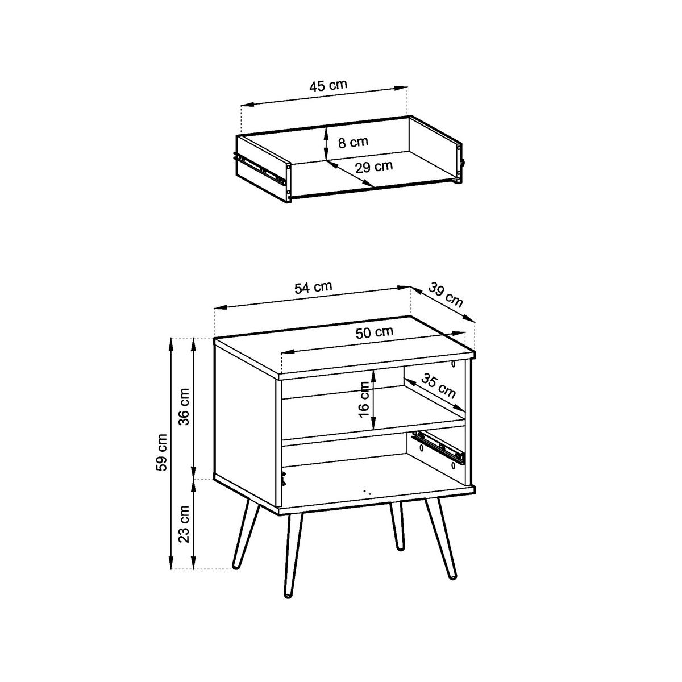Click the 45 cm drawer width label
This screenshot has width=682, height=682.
328,86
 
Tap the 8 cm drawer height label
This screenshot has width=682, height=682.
353,142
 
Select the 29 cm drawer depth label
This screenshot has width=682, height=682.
374,167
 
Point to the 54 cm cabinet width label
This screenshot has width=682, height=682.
313,288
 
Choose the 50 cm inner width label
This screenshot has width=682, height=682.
375,333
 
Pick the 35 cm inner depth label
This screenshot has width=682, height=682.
439,386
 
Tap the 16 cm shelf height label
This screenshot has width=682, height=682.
364,400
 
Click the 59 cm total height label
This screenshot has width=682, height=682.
162,452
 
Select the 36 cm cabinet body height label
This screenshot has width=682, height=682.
184,407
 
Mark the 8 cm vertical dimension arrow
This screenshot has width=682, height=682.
326,143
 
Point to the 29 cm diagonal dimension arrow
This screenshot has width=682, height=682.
350,174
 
